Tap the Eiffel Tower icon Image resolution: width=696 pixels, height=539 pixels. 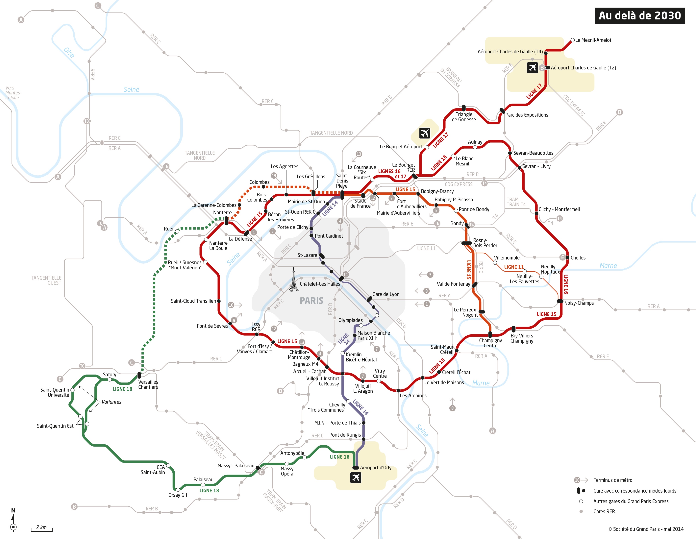pos(293,280)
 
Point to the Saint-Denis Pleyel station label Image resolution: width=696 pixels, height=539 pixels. pos(342,181)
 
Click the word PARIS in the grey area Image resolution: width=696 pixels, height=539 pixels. pos(311,301)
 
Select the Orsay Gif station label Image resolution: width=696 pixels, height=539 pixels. pos(178,495)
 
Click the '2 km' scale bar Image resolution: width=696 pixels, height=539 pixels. pos(41,528)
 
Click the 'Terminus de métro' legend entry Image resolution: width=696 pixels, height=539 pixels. pos(612,480)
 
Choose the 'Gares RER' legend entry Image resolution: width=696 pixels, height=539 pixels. pos(604,511)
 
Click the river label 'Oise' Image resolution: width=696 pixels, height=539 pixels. pos(69,53)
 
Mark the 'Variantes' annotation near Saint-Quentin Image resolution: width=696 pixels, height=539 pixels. pos(111,402)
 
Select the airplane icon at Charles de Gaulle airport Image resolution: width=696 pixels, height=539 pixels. pos(532,67)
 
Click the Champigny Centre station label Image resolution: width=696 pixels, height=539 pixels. pos(490,343)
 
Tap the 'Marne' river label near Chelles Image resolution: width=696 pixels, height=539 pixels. pos(608,266)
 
